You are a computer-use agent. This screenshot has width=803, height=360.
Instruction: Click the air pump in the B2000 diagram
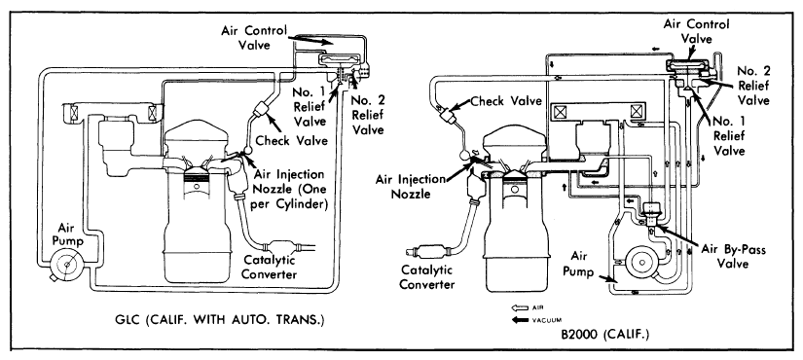click(x=640, y=261)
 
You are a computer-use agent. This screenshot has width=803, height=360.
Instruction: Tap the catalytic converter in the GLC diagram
click(x=282, y=248)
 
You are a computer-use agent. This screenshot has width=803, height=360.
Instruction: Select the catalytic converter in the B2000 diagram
click(x=429, y=251)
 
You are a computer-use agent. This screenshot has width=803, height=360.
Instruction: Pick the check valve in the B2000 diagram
click(x=449, y=116)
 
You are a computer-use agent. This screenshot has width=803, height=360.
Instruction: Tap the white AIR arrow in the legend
click(x=520, y=307)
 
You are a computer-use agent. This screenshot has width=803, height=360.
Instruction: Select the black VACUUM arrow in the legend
click(x=520, y=320)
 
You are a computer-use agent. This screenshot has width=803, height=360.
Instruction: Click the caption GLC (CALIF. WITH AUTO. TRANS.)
click(x=220, y=321)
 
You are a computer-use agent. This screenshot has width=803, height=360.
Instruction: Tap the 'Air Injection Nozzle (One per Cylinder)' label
click(x=290, y=190)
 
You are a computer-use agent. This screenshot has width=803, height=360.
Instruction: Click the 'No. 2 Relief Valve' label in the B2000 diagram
click(x=752, y=86)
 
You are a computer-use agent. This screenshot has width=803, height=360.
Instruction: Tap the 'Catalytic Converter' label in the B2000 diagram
click(x=427, y=276)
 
